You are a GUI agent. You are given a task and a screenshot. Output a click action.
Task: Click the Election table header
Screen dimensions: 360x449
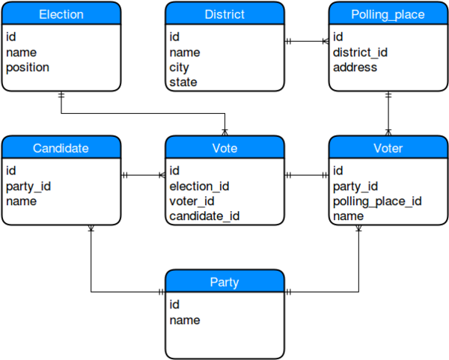[x=61, y=14]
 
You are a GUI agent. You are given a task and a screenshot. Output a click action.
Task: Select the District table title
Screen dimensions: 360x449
[x=224, y=14]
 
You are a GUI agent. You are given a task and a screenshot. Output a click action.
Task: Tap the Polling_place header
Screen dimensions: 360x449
[x=388, y=14]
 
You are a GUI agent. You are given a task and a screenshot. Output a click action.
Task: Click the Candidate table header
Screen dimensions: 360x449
[x=61, y=148]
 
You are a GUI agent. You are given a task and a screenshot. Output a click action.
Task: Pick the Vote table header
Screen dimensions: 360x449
[x=224, y=148]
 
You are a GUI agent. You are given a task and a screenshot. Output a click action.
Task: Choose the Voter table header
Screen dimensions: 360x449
[x=388, y=148]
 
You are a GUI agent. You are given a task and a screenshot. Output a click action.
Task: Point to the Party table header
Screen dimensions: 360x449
[x=224, y=282]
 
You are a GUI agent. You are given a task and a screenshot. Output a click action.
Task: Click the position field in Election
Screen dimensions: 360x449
[x=28, y=67]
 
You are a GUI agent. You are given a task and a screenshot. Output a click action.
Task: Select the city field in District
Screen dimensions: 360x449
[x=180, y=67]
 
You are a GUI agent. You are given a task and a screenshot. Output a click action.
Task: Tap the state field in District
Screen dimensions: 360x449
[x=183, y=82]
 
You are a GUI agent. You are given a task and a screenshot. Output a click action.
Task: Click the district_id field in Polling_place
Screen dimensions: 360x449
[x=360, y=52]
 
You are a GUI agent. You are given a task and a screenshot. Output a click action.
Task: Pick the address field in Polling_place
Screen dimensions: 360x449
[x=355, y=67]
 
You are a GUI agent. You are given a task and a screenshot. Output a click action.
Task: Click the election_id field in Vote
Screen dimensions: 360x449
[x=199, y=186]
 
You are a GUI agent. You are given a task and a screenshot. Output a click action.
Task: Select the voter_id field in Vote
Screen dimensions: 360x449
[x=192, y=201]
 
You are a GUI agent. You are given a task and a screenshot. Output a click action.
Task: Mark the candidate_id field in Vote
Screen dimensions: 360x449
[x=204, y=216]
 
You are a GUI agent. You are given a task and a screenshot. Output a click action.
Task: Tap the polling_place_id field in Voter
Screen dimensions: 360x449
[x=377, y=201]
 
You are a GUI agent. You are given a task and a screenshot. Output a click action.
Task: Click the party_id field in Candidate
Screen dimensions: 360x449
[x=28, y=186]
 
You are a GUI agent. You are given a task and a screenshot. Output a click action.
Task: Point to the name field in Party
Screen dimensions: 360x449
[x=185, y=320]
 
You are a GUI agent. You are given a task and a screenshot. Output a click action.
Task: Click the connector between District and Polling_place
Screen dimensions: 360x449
[x=307, y=42]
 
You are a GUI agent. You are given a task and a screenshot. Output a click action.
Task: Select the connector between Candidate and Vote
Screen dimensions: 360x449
[x=142, y=176]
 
